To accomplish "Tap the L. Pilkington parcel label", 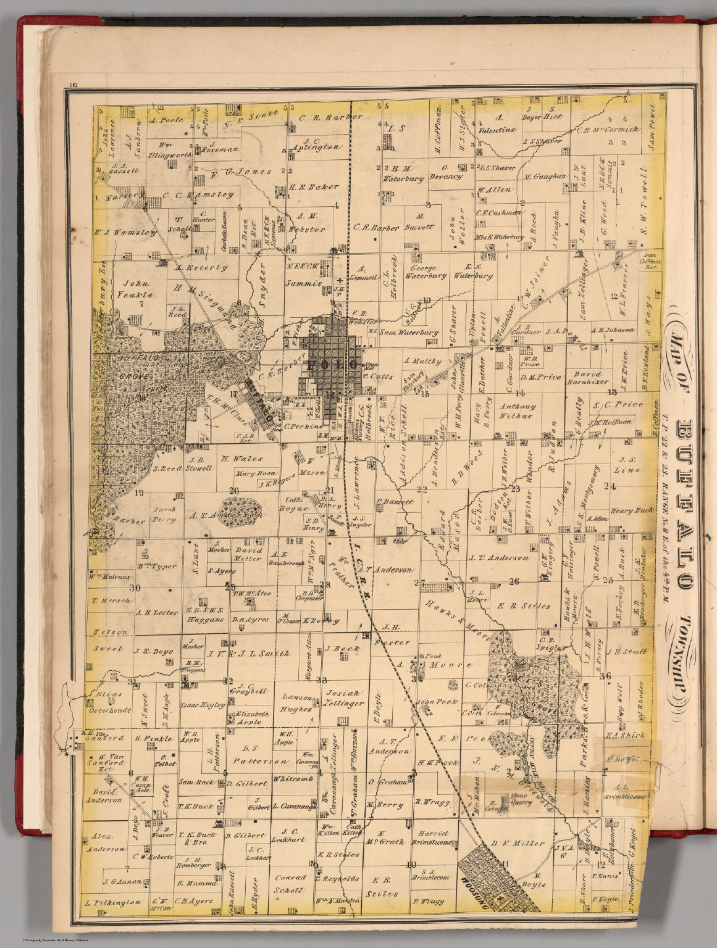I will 114,902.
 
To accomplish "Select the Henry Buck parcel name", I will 631,511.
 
